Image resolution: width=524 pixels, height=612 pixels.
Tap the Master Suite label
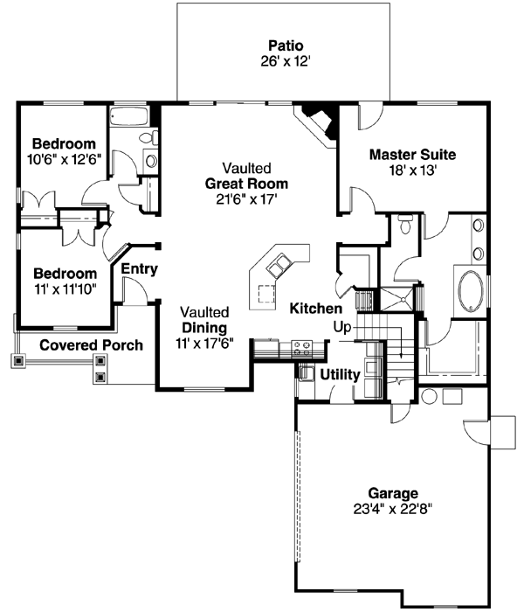pos(411,155)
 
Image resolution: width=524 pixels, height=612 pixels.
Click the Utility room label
pos(340,374)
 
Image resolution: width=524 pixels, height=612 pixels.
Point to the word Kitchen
pos(316,309)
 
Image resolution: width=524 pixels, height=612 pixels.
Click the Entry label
pos(139,269)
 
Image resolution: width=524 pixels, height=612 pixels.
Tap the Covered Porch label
pos(91,345)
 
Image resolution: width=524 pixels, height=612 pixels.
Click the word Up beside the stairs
pos(342,326)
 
